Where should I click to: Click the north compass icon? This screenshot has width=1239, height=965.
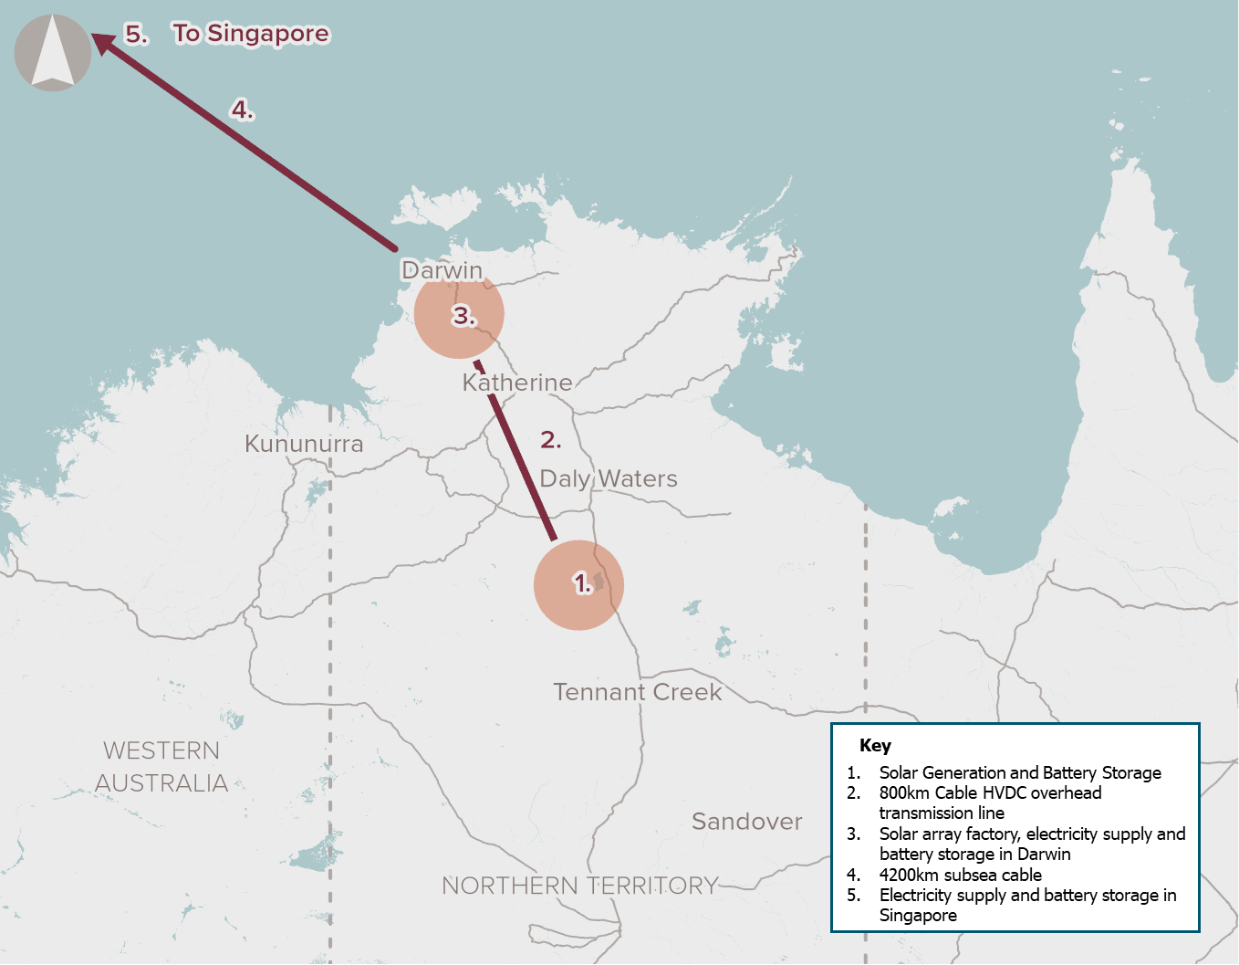point(53,53)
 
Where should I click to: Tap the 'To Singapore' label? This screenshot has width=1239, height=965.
point(251,34)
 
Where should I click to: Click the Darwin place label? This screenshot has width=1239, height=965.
point(442,270)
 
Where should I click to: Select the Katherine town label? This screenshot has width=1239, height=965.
point(517,383)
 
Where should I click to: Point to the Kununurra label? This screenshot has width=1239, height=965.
point(304,444)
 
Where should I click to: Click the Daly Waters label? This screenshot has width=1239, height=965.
point(609,478)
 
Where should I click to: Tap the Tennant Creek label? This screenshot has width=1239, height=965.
point(637,692)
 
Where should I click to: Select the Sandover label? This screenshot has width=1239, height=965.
point(746,822)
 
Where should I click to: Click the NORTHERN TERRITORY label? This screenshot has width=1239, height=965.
point(579,886)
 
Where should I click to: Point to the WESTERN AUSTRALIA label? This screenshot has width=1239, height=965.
point(161,767)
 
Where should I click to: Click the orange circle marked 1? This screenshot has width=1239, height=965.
point(578,585)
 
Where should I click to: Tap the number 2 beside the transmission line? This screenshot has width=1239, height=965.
point(550,440)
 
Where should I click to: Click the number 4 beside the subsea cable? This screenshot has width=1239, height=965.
point(242,110)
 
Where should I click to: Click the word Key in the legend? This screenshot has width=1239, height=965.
point(875,745)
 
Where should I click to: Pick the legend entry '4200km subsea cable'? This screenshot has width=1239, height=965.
point(960,875)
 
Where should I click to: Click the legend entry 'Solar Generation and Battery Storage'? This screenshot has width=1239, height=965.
point(1019,772)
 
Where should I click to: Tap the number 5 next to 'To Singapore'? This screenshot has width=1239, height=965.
point(136,34)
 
